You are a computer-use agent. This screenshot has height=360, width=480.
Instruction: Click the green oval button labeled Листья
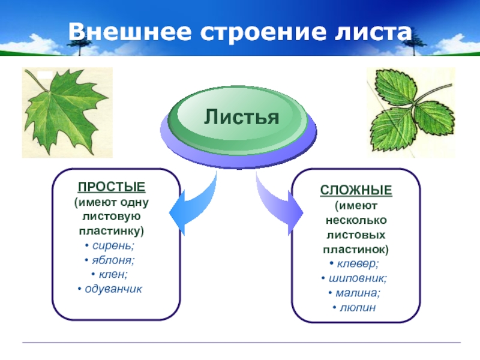coord(242,116)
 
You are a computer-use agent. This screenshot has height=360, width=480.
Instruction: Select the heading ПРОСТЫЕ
coord(112,188)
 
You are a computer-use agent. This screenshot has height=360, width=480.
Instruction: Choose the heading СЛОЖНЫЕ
coord(356,191)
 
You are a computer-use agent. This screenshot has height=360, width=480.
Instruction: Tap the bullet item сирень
coord(112,246)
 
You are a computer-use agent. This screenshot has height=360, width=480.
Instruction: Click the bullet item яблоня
coord(112,260)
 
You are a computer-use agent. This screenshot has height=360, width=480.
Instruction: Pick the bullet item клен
coord(112,275)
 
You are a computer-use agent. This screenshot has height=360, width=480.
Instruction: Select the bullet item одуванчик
coord(112,289)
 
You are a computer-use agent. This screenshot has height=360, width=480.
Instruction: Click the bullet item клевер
coord(356,264)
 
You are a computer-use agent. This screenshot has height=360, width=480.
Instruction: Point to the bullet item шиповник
coord(356,278)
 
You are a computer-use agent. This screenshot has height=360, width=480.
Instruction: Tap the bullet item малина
coord(356,293)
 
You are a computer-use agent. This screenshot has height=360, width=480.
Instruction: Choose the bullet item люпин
coord(356,307)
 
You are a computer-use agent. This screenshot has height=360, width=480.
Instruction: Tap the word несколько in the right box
coord(356,220)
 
